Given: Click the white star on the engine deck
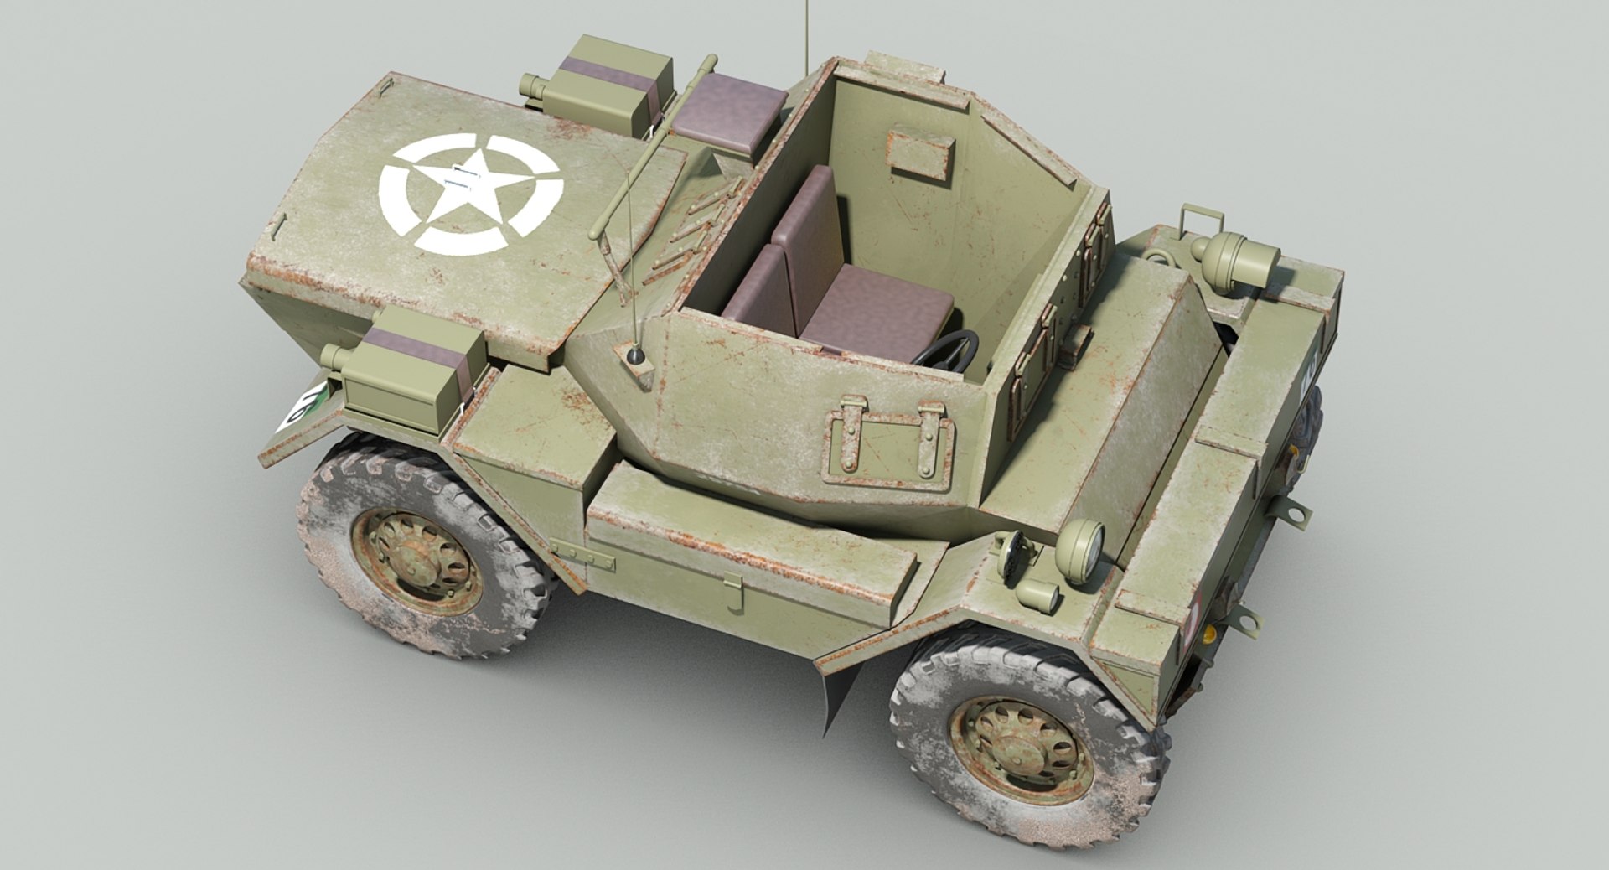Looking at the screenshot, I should (x=468, y=193).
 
